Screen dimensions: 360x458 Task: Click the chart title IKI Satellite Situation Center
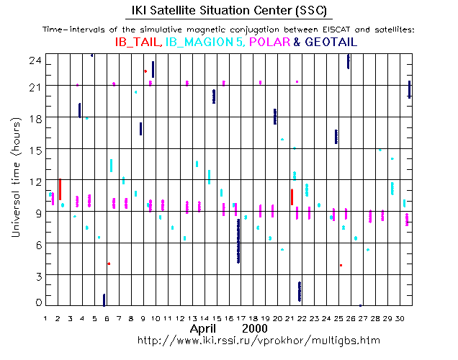[x=228, y=10]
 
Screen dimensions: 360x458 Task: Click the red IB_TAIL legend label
[x=138, y=42]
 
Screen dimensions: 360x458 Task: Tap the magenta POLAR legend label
[x=269, y=42]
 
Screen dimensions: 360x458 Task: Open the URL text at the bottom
[x=258, y=340]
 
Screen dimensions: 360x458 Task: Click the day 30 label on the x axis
[x=407, y=318]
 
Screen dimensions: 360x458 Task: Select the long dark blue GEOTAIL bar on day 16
[x=238, y=241]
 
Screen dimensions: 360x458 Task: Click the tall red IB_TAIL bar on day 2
[x=60, y=189]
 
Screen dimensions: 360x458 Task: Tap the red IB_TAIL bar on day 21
[x=292, y=197]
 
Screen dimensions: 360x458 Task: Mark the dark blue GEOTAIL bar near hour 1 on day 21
[x=300, y=291]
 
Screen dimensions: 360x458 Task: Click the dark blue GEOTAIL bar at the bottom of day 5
[x=104, y=300]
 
